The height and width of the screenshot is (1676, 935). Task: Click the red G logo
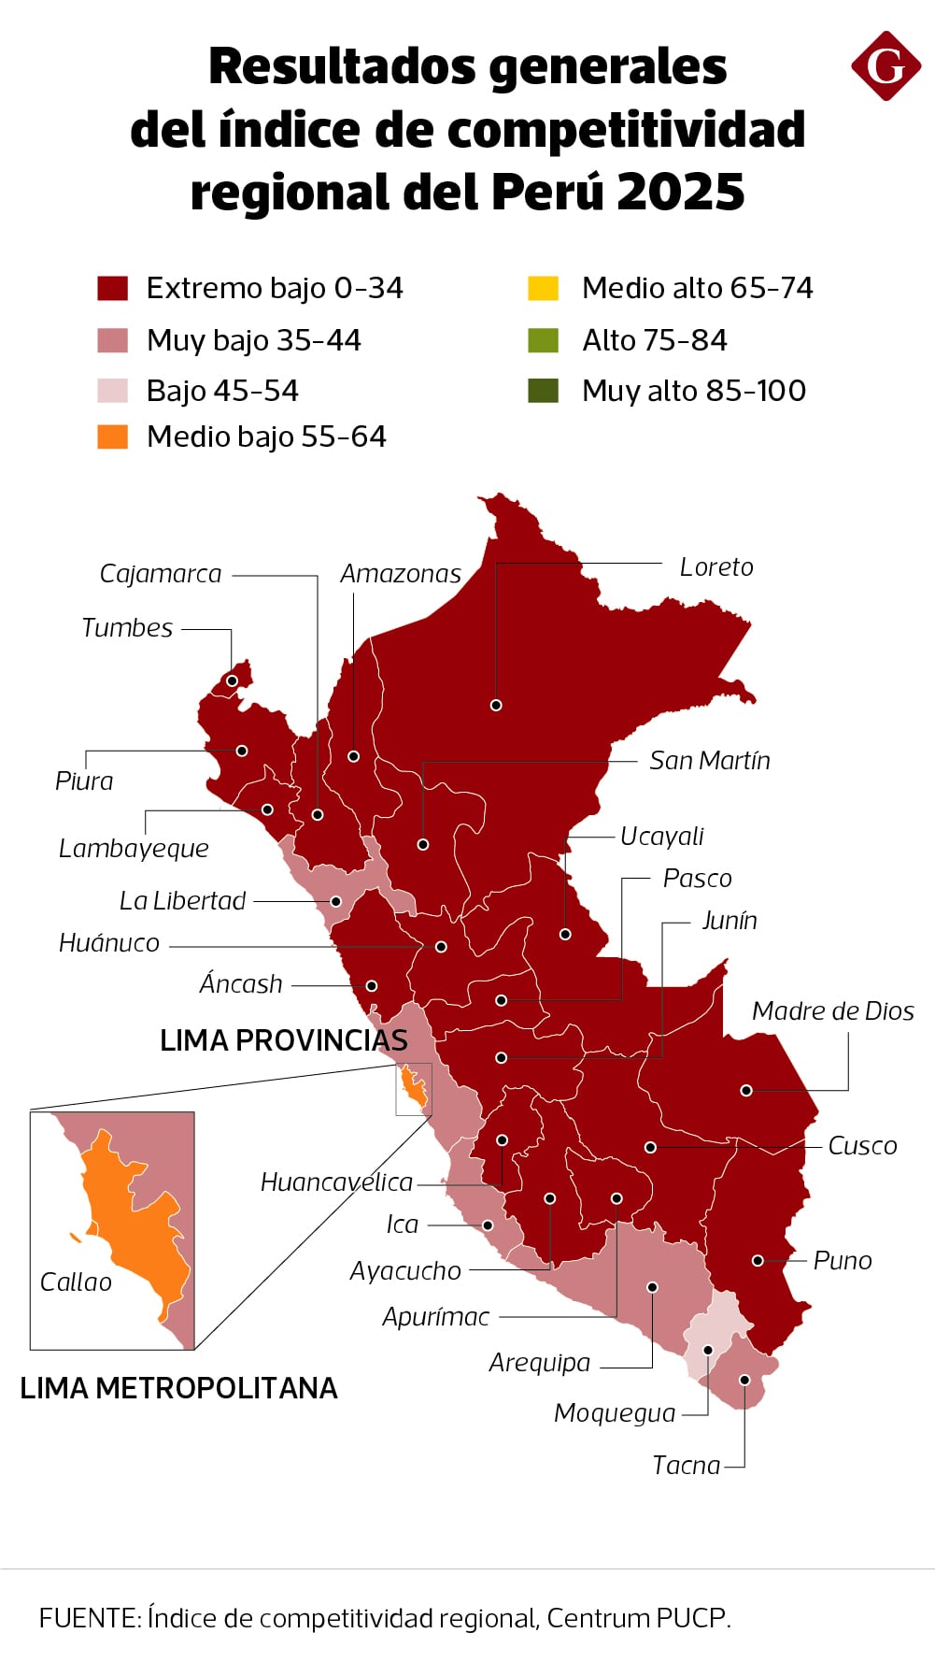pyautogui.click(x=885, y=66)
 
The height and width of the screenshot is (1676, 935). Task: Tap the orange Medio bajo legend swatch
pyautogui.click(x=112, y=437)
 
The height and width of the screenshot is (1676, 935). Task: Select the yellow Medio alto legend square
pyautogui.click(x=543, y=288)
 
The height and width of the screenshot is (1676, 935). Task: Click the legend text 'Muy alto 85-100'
pyautogui.click(x=693, y=391)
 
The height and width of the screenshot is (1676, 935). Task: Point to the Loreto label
pyautogui.click(x=715, y=567)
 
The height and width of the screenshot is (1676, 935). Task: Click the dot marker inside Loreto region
pyautogui.click(x=496, y=705)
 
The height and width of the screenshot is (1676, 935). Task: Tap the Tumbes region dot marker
pyautogui.click(x=232, y=680)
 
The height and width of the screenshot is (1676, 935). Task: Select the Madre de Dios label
pyautogui.click(x=832, y=1011)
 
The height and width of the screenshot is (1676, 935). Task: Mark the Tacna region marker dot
pyautogui.click(x=744, y=1380)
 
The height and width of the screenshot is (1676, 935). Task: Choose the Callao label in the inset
pyautogui.click(x=76, y=1282)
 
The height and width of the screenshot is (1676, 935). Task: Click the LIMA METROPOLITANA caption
pyautogui.click(x=178, y=1388)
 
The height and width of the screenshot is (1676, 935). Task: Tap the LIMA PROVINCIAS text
pyautogui.click(x=283, y=1040)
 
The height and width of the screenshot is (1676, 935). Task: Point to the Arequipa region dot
pyautogui.click(x=652, y=1287)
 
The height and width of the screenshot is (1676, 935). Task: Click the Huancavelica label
pyautogui.click(x=336, y=1182)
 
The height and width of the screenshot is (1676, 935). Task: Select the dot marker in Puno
pyautogui.click(x=758, y=1261)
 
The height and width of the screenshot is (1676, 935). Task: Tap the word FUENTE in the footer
pyautogui.click(x=89, y=1618)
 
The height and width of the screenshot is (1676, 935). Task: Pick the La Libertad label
pyautogui.click(x=182, y=901)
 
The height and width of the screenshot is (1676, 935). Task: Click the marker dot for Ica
pyautogui.click(x=488, y=1225)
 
